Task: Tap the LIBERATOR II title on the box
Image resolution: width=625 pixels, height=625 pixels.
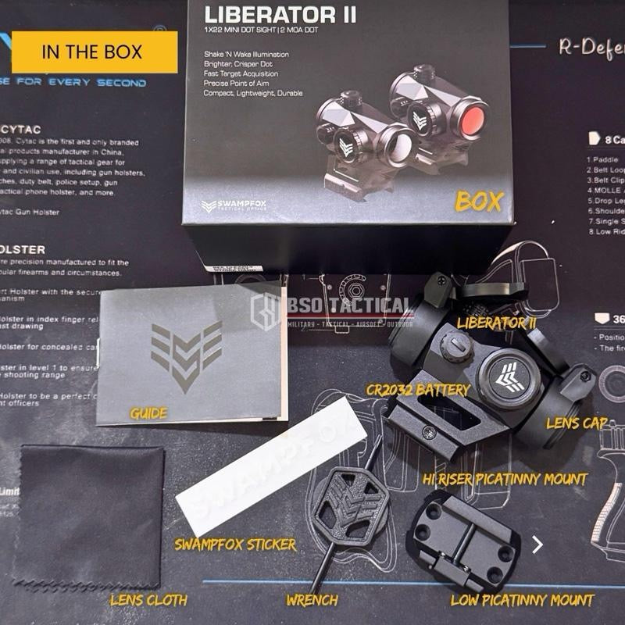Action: tap(281, 14)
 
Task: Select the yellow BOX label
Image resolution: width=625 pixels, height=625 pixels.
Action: tap(479, 201)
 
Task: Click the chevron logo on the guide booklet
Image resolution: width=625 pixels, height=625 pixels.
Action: tap(186, 353)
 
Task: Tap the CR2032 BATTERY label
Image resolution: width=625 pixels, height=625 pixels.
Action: tap(419, 389)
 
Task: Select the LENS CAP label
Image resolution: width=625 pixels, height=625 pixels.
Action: tap(577, 423)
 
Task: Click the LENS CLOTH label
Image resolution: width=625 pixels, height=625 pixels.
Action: tap(148, 600)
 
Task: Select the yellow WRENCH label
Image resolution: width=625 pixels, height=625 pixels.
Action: tap(312, 600)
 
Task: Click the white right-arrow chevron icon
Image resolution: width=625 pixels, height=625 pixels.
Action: tap(537, 545)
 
